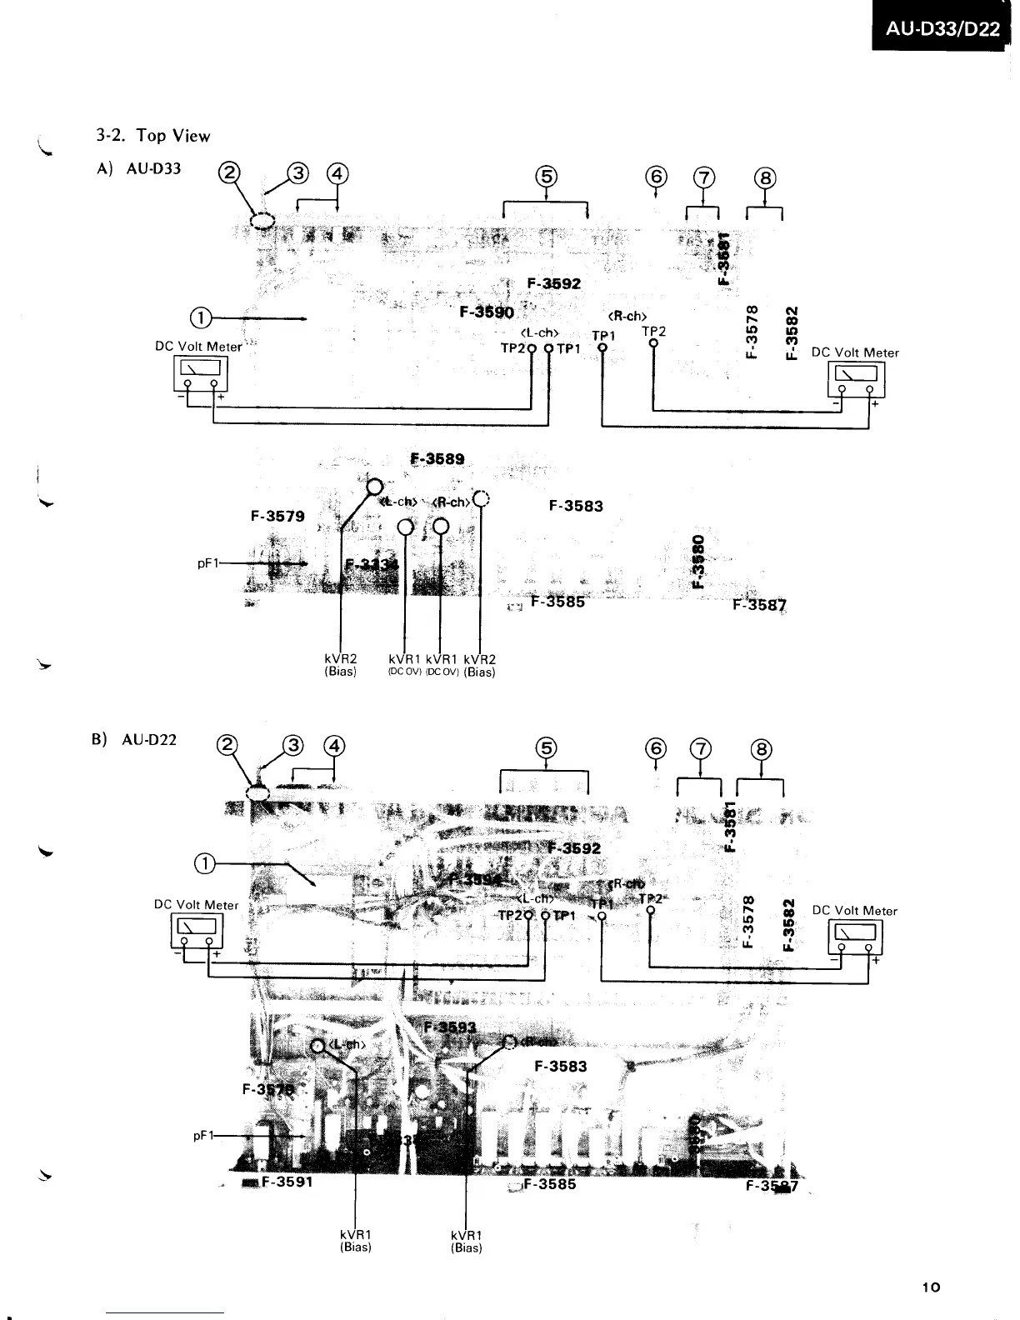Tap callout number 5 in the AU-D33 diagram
(546, 176)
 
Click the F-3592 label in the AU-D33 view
(554, 282)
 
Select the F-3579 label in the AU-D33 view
(277, 516)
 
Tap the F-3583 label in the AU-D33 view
(576, 506)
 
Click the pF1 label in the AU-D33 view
(207, 563)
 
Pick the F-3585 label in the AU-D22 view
(548, 1183)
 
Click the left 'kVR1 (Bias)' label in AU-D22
(356, 1241)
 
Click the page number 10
(932, 1287)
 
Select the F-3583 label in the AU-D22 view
(560, 1066)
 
